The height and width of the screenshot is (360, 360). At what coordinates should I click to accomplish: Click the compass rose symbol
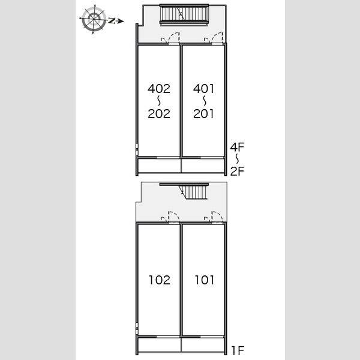pyautogui.click(x=94, y=19)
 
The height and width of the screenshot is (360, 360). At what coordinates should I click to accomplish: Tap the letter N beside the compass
pyautogui.click(x=112, y=20)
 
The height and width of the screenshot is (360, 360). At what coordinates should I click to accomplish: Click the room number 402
pyautogui.click(x=159, y=89)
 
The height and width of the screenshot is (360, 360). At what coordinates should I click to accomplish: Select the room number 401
pyautogui.click(x=203, y=89)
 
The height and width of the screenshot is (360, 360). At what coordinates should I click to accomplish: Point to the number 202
pyautogui.click(x=159, y=113)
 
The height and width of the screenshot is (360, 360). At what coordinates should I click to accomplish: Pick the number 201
pyautogui.click(x=203, y=113)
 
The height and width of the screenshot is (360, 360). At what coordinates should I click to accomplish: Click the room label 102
pyautogui.click(x=160, y=280)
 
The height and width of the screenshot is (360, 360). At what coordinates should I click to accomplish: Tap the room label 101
pyautogui.click(x=205, y=280)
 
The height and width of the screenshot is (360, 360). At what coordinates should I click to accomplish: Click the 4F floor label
pyautogui.click(x=238, y=147)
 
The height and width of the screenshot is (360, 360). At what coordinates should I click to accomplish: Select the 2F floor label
pyautogui.click(x=238, y=171)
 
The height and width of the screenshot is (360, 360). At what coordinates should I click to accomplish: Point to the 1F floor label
pyautogui.click(x=238, y=350)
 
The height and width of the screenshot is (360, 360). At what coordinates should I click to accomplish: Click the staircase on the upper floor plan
pyautogui.click(x=184, y=14)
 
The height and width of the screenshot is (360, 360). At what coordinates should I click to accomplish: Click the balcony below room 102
pyautogui.click(x=160, y=344)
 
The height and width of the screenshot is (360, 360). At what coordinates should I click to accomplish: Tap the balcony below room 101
pyautogui.click(x=203, y=344)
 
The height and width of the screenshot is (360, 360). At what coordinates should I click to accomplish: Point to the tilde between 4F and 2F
pyautogui.click(x=237, y=159)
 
